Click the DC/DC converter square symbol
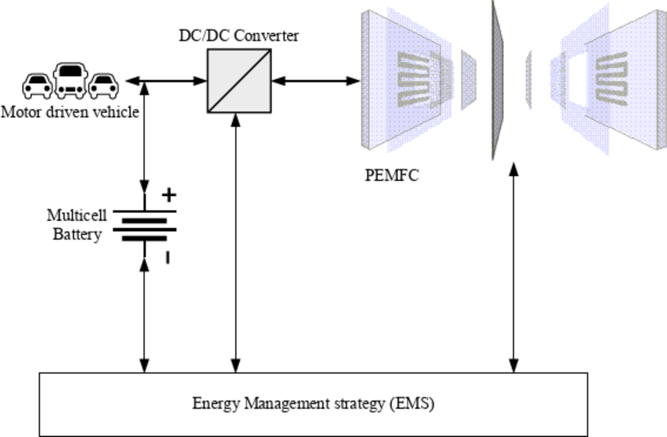pos(239,81)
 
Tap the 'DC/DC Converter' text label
pos(238,36)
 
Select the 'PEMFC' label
pos(392,175)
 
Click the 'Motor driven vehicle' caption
pos(70,112)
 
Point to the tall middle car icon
pos(70,80)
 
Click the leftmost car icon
pos(37,86)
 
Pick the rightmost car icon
pos(103,86)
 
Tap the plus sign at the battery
pos(169,195)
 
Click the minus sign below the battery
pos(168,258)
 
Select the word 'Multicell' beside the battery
pos(77,215)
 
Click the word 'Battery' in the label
pos(77,235)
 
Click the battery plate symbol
pos(145,225)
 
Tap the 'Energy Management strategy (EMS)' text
pos(313,403)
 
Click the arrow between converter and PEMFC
pos(316,81)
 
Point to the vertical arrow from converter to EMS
pos(235,244)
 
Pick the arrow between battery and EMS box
pos(144,316)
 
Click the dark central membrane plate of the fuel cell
pos(497,81)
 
